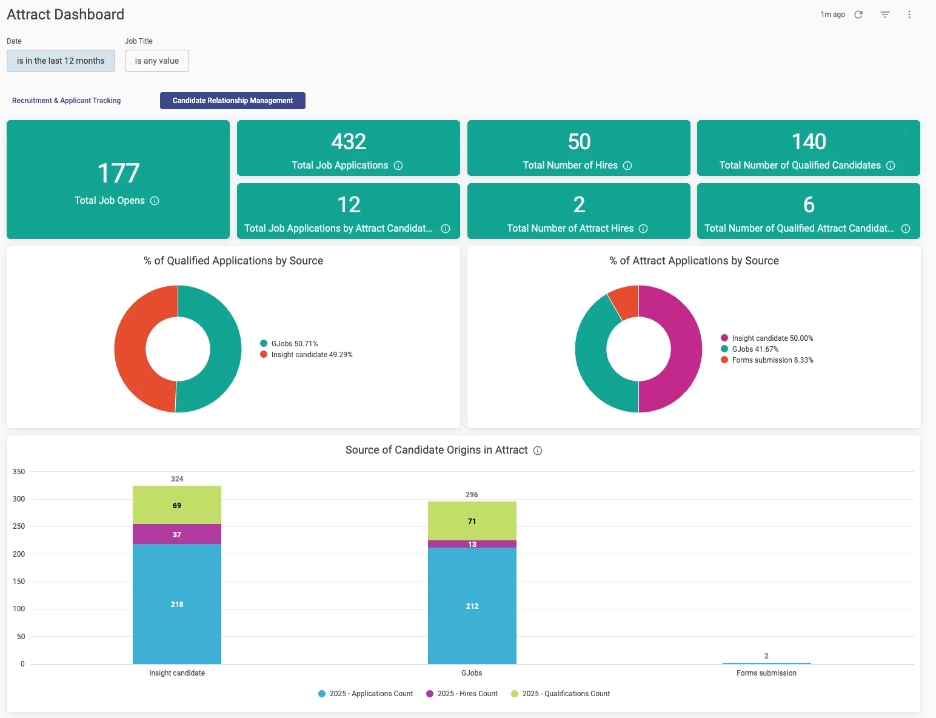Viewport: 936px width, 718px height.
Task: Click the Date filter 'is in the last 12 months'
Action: (x=61, y=61)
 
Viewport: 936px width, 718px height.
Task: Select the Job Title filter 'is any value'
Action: (x=156, y=61)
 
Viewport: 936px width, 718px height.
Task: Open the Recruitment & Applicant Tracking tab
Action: (x=66, y=101)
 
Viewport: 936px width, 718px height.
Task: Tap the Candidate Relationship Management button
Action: (x=232, y=101)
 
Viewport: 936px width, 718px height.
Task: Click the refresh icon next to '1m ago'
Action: (x=858, y=15)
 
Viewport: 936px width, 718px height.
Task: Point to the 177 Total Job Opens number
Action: (x=118, y=173)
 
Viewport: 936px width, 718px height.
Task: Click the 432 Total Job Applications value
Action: (x=349, y=142)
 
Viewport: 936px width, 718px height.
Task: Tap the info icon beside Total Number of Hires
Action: (x=627, y=166)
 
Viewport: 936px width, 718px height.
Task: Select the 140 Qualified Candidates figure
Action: (x=809, y=142)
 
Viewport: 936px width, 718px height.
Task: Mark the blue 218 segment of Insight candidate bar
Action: (x=177, y=604)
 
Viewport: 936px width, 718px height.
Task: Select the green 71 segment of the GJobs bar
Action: (x=472, y=521)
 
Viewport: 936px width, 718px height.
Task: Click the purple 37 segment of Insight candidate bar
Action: (x=177, y=534)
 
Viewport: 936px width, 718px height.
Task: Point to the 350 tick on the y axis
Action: (x=19, y=472)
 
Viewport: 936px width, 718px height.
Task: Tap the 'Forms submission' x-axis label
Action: (x=766, y=673)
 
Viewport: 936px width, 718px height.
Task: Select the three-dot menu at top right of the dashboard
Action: (x=909, y=15)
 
